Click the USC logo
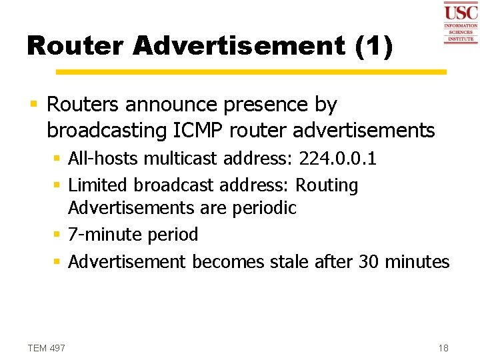[461, 22]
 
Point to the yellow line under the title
[251, 71]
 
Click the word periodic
[264, 207]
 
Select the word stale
[290, 261]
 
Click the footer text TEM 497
[47, 347]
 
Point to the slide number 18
[443, 347]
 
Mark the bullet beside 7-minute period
[58, 235]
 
